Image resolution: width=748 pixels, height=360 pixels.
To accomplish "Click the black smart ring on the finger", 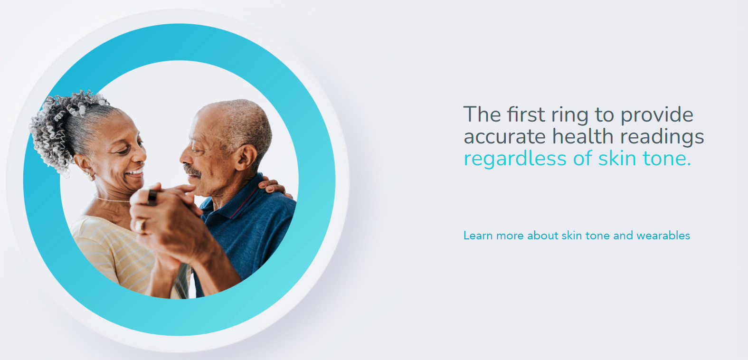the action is pyautogui.click(x=152, y=197).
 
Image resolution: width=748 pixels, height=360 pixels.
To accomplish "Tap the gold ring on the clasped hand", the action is pyautogui.click(x=141, y=226).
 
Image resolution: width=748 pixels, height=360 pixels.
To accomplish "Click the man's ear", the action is pyautogui.click(x=246, y=157).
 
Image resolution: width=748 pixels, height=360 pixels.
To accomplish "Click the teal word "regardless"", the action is pyautogui.click(x=515, y=159).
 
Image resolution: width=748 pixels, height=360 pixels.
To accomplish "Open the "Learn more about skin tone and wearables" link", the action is pyautogui.click(x=577, y=236).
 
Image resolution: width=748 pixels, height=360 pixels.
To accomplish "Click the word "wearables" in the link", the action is pyautogui.click(x=663, y=236).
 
